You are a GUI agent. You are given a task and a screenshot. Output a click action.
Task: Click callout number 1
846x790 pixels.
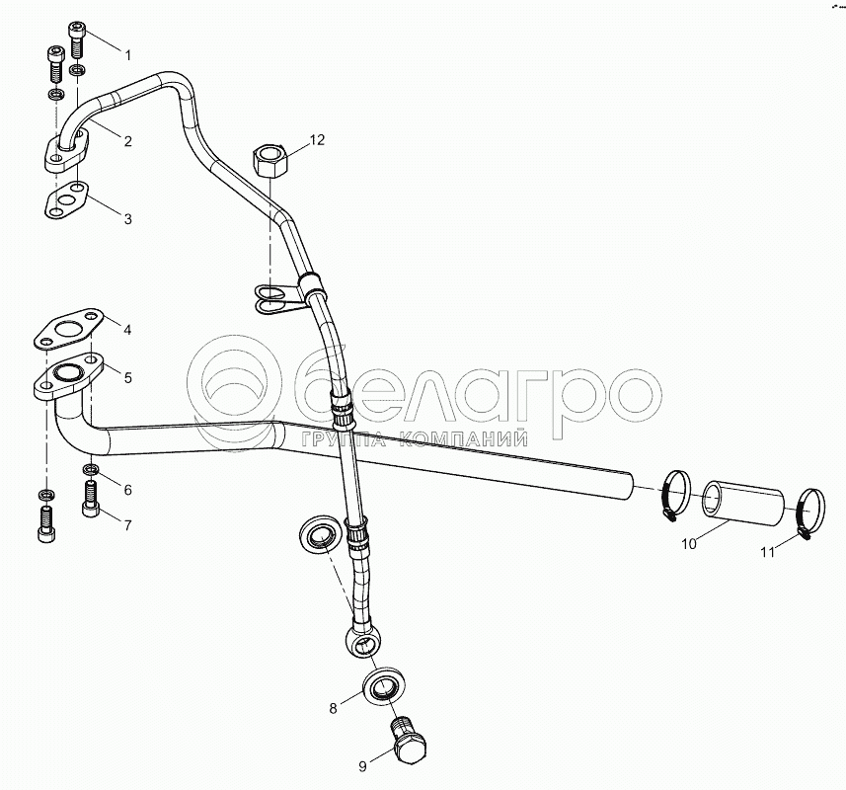pos(128,55)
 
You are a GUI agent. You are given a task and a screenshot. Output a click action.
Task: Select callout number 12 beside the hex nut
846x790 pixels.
pos(317,140)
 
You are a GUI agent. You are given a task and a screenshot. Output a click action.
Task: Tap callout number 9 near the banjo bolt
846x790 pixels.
pos(362,765)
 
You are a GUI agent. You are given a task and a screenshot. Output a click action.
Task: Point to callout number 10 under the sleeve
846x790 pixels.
pos(689,543)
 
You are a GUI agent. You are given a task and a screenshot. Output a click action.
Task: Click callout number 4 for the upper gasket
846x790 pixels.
pos(127,329)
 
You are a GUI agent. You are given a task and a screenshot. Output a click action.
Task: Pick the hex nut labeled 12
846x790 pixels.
pos(269,160)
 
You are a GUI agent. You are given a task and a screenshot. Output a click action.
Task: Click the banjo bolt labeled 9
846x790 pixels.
pos(409,739)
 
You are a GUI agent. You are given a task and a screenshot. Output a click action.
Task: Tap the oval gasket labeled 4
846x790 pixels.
pos(68,329)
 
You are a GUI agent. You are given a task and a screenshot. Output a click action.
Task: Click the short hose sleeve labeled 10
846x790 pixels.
pos(742,504)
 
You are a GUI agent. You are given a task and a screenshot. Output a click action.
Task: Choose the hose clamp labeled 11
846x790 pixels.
pos(810,513)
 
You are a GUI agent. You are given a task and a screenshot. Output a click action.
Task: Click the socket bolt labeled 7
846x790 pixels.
pos(91,499)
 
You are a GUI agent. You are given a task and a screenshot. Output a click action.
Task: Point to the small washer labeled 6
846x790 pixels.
pos(91,469)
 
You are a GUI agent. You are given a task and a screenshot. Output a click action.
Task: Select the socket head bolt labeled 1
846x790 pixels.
pos(77,39)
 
